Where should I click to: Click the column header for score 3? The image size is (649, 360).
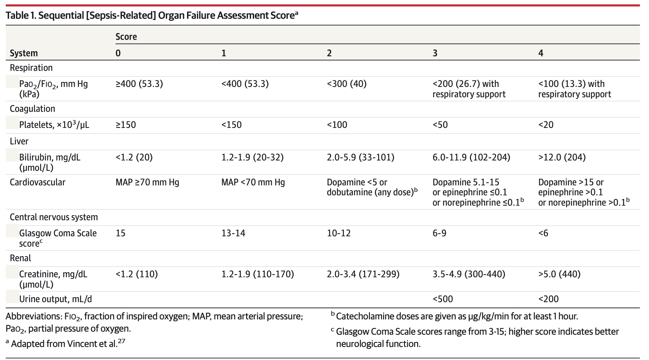[435, 53]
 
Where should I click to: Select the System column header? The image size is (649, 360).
[24, 53]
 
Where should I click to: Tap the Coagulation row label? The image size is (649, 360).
[33, 109]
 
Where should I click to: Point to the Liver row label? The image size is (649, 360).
[19, 141]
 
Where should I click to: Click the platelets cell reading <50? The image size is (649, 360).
[440, 125]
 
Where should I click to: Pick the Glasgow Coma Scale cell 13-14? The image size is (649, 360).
[233, 233]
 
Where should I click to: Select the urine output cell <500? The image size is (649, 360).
[443, 299]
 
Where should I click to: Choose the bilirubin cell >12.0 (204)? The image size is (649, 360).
[562, 157]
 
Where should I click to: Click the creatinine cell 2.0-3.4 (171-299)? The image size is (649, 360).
[363, 274]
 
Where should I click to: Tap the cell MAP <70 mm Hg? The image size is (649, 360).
[253, 182]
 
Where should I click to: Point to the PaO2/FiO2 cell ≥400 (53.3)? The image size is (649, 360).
[139, 84]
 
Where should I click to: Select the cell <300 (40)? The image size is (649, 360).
[346, 84]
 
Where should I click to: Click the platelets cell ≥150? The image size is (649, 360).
[126, 125]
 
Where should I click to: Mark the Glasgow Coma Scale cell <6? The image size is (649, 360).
[543, 233]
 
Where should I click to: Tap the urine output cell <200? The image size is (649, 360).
[549, 299]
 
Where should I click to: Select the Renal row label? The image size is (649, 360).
[20, 258]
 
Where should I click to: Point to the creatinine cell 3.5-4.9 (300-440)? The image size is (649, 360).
[469, 274]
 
